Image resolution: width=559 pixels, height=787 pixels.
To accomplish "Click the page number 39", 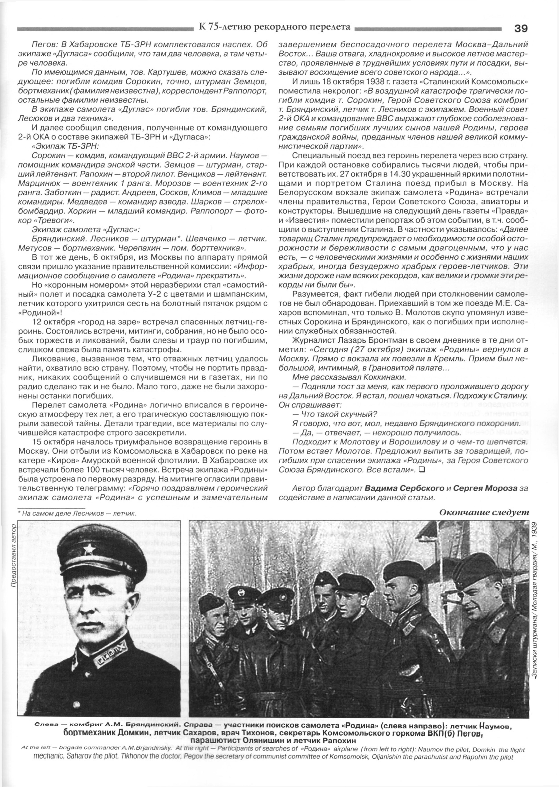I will pos(520,28).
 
